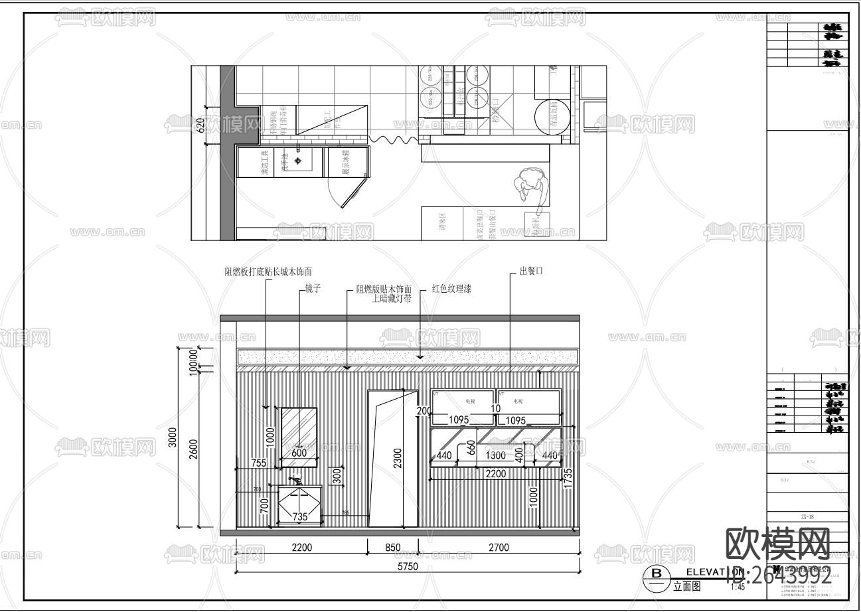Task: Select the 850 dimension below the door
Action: tap(393, 548)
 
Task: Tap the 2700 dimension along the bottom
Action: tap(498, 548)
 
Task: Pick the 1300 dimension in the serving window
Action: tap(496, 456)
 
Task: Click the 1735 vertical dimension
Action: tap(568, 478)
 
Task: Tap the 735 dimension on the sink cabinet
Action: tap(301, 516)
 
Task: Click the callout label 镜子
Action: tap(313, 289)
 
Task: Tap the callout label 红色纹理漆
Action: tap(451, 289)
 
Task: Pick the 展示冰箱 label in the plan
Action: tap(347, 162)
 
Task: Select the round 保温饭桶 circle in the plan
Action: tap(552, 117)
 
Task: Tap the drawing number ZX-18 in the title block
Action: tap(807, 516)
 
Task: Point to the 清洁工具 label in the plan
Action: tap(264, 163)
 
